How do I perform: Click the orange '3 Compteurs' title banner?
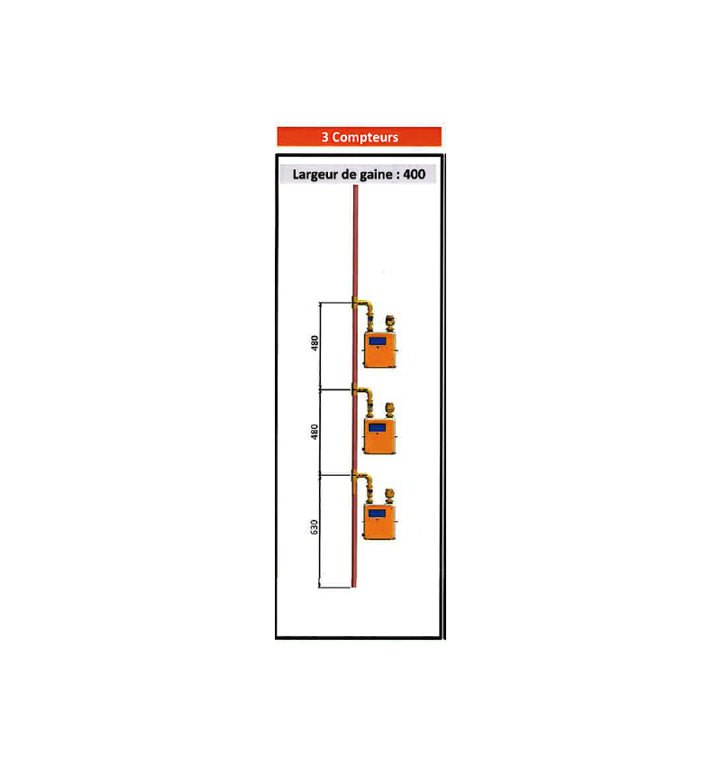tap(359, 137)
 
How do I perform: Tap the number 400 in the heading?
tap(415, 174)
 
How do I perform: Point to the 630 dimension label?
tap(315, 527)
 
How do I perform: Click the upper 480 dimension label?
tap(315, 343)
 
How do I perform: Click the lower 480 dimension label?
tap(315, 431)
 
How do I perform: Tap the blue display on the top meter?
tap(378, 341)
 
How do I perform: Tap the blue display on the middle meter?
tap(378, 427)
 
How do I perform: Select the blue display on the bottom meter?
tap(378, 514)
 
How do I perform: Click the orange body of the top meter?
tap(379, 355)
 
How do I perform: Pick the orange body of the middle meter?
tap(379, 442)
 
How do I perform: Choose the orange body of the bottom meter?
tap(379, 527)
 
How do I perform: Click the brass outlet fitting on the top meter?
tap(390, 322)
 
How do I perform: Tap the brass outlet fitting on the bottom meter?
tap(390, 495)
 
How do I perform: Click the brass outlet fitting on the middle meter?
tap(390, 408)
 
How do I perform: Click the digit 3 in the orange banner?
tap(324, 137)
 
